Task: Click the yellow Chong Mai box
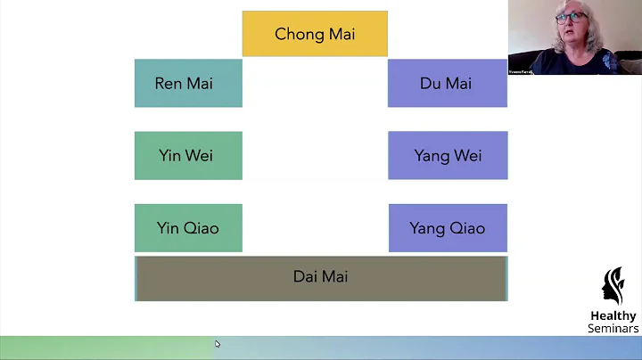coord(315,34)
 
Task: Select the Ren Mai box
coord(188,83)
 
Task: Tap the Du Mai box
coord(447,83)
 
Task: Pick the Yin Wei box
coord(188,155)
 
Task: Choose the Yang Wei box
coord(448,155)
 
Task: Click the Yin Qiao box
coord(188,228)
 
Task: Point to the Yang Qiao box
coord(448,228)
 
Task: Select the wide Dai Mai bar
coord(321,278)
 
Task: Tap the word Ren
coord(169,84)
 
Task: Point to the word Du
coord(430,84)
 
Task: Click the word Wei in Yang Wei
coord(465,156)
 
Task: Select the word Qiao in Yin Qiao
coord(202,228)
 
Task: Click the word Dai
coord(305,277)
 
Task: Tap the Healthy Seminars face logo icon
coord(613,286)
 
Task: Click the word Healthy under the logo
coord(613,316)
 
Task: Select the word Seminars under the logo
coord(613,329)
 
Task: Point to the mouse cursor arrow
coord(217,344)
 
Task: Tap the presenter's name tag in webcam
coord(520,70)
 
